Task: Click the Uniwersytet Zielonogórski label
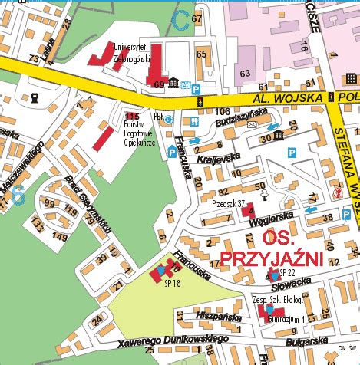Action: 131,51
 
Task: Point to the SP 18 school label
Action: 171,283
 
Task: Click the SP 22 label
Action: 287,273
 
